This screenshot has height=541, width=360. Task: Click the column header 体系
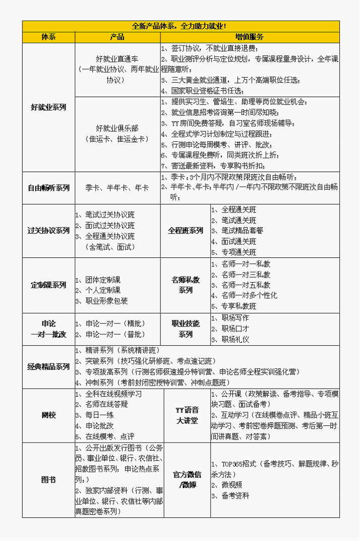pos(48,37)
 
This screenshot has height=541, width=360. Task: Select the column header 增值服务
pos(250,37)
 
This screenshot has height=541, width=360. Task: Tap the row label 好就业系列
pos(48,107)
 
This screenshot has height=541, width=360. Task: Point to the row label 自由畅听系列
pos(48,188)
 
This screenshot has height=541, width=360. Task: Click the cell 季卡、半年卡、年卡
pos(117,188)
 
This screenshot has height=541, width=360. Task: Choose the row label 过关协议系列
pos(48,231)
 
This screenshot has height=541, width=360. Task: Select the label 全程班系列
pos(186,231)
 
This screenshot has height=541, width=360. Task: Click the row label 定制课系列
pos(48,285)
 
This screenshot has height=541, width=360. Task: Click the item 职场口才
pos(235,329)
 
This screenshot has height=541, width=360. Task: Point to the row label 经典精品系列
pos(48,367)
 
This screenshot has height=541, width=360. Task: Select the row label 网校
pos(48,415)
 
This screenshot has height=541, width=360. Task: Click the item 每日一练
pos(99,415)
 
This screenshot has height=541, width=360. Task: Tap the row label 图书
pos(48,480)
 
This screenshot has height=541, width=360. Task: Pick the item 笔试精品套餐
pos(242,231)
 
